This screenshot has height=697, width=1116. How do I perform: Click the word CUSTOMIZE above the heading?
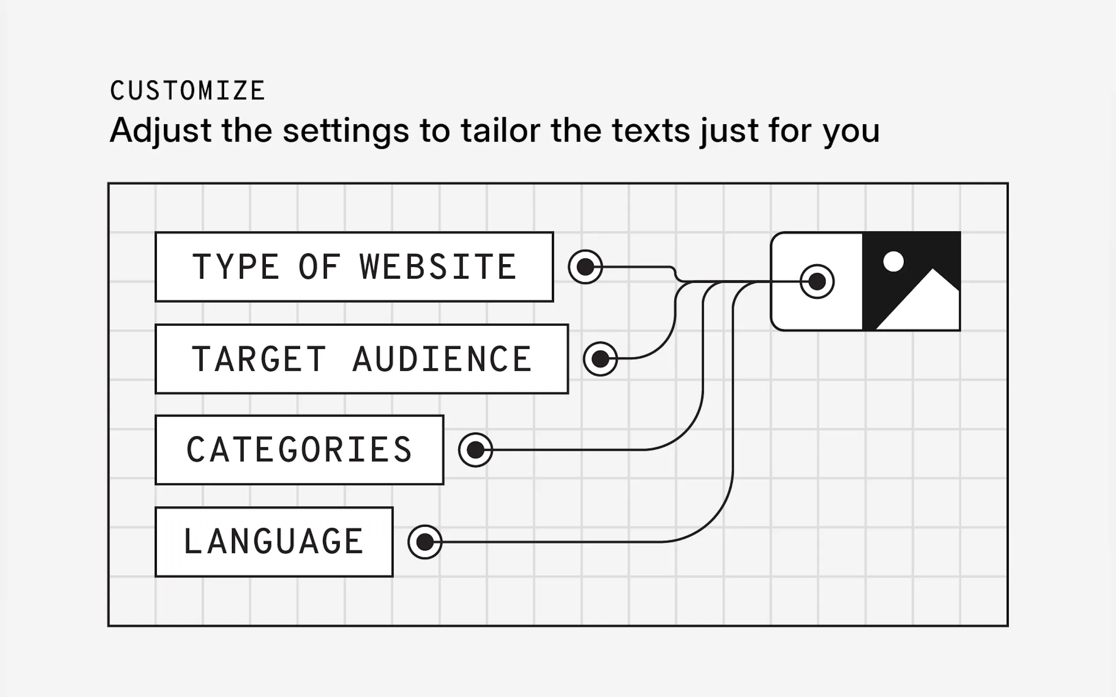(x=187, y=90)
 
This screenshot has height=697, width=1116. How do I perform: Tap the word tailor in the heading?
(x=500, y=130)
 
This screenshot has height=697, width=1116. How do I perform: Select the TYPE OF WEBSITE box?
(x=354, y=267)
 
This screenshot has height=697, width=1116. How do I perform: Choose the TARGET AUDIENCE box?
(x=362, y=359)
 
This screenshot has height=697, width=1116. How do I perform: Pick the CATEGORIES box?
(x=299, y=450)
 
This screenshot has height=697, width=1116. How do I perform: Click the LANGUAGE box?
(x=274, y=542)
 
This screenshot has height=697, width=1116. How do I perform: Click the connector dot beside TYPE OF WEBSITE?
(x=585, y=267)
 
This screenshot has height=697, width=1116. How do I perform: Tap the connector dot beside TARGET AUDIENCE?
(x=600, y=359)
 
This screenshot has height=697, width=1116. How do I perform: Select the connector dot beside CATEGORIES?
(x=476, y=450)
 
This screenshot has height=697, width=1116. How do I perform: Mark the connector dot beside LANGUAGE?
(x=425, y=542)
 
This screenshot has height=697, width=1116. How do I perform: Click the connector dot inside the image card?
(x=817, y=281)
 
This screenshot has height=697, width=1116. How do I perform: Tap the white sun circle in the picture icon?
(x=894, y=262)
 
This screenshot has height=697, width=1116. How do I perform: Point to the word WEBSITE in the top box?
(x=438, y=267)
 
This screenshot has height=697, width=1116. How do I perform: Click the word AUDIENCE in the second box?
(x=442, y=359)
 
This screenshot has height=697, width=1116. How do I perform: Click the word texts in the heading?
(x=651, y=131)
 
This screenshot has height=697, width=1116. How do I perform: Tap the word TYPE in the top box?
(x=236, y=267)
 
